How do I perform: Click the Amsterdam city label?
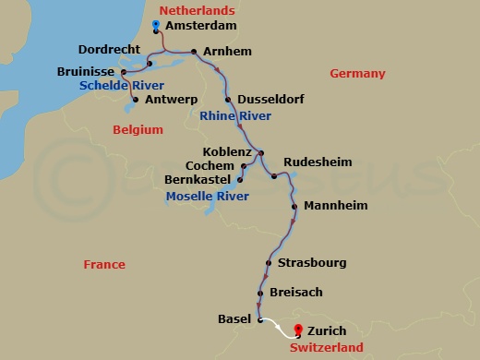(199, 27)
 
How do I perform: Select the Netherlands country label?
(195, 9)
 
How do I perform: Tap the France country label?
(103, 264)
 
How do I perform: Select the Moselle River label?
(208, 197)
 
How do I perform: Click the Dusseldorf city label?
(270, 99)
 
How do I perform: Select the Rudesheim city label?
(318, 162)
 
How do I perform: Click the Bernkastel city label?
(197, 180)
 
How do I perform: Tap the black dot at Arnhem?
(193, 52)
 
